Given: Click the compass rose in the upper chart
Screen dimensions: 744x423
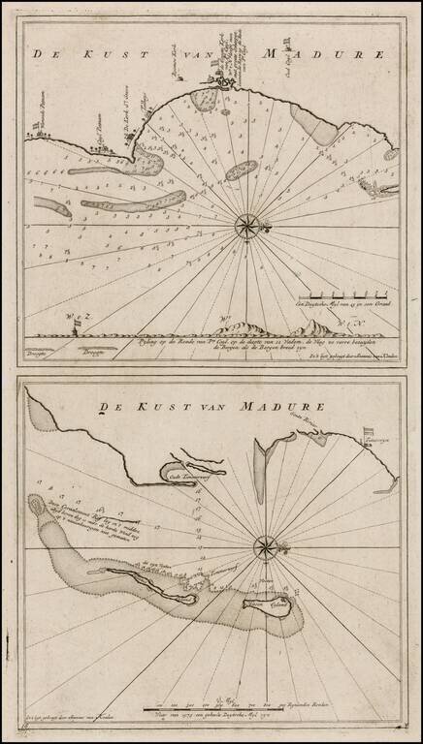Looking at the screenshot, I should tap(246, 227).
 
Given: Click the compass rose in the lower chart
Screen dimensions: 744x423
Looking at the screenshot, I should tap(263, 547).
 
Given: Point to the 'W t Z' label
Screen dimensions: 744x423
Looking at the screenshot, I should tap(77, 319).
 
